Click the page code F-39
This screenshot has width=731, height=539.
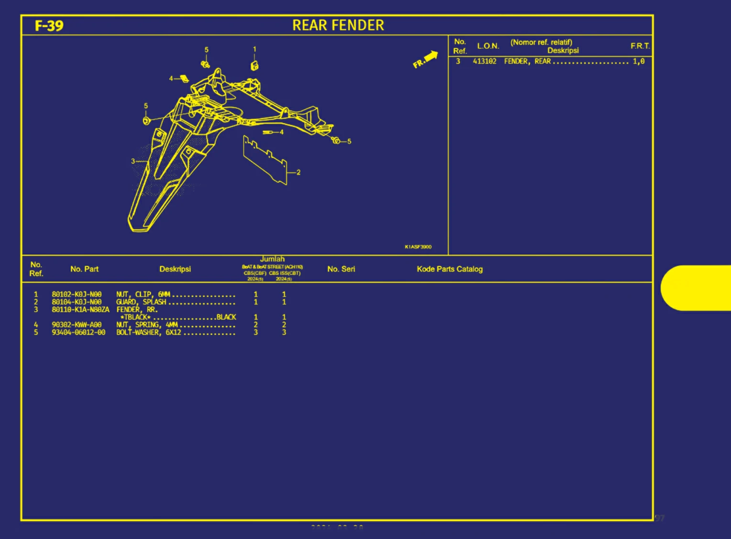(49, 25)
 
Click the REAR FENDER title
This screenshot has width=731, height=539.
(338, 25)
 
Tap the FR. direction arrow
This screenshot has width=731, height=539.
(425, 59)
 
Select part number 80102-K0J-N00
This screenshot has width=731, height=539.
(77, 295)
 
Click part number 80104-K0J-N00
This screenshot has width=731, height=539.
(77, 302)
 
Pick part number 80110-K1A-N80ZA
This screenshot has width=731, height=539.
(80, 310)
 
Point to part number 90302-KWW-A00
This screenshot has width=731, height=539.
(77, 325)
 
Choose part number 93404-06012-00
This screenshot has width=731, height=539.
(78, 332)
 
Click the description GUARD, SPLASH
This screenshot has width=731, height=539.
(141, 302)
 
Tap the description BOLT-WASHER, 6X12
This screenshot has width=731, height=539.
(148, 332)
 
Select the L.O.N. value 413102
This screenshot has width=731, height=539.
(485, 61)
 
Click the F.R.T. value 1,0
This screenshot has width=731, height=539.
(639, 61)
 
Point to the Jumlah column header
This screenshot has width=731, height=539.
(272, 259)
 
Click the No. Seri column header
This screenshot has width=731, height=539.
(341, 269)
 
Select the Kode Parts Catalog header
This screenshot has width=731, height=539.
(450, 269)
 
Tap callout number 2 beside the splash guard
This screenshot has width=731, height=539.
(299, 172)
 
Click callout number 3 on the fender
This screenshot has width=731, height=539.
(133, 161)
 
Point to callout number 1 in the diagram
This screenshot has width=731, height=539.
(255, 49)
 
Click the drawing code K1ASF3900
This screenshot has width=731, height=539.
(418, 247)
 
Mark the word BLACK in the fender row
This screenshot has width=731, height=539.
(226, 317)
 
